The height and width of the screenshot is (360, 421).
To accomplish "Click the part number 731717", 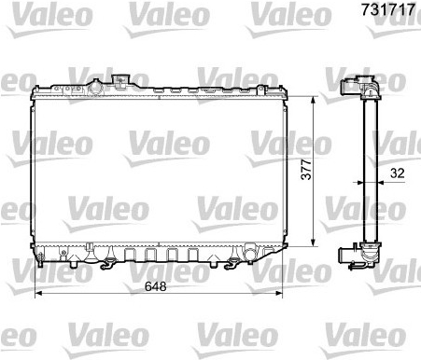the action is point(388,9).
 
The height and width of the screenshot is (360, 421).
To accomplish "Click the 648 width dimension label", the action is point(156,286).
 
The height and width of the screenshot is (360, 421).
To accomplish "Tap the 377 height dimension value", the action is point(306,169).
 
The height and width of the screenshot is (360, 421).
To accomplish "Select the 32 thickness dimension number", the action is point(397,173).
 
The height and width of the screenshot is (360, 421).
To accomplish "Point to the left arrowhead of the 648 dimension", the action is point(38,293).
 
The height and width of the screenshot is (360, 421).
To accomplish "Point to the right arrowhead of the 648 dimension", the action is point(279,293).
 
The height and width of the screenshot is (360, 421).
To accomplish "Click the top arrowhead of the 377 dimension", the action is point(314,100).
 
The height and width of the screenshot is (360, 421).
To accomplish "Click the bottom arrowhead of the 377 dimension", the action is point(314,242).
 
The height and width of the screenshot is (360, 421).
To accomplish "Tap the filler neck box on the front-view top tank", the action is point(120,80).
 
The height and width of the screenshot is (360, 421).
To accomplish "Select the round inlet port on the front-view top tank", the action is point(95,88).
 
